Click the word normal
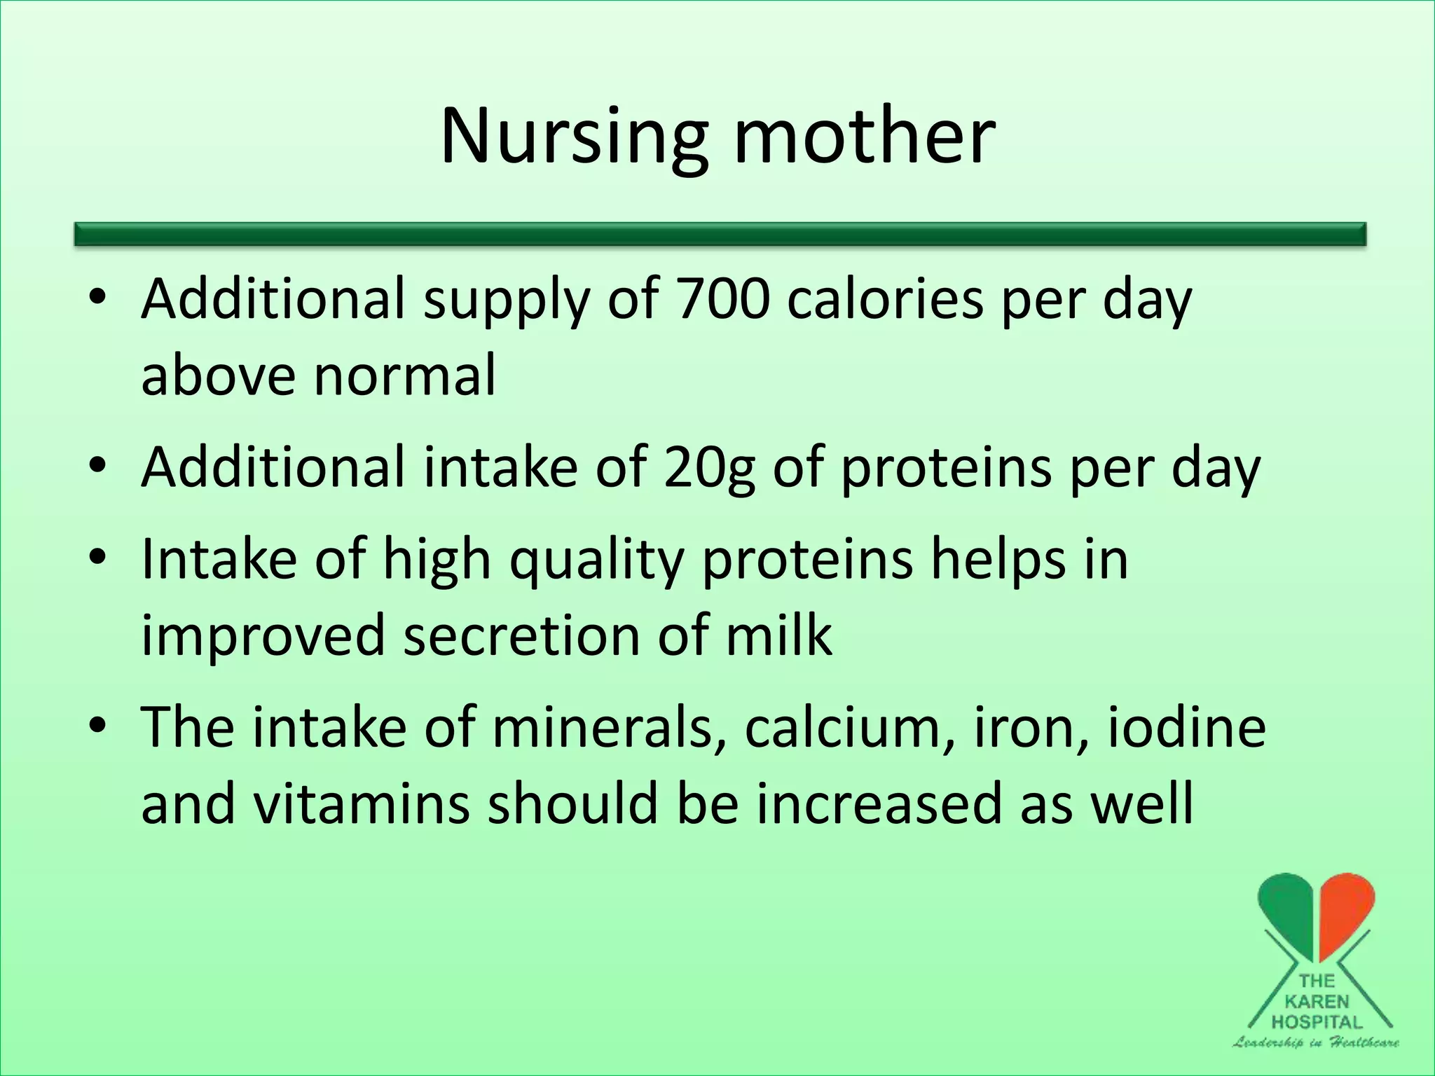click(404, 375)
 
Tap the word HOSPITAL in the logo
click(1317, 1022)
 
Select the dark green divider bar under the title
click(720, 234)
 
